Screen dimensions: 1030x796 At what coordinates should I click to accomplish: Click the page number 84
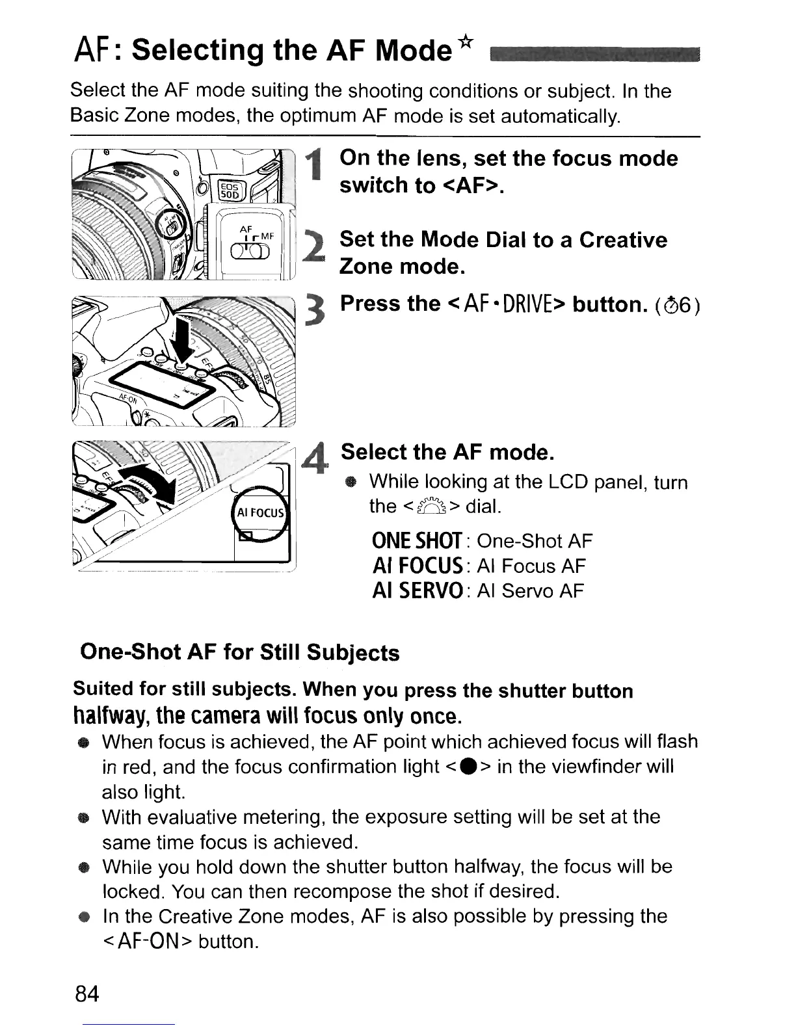[x=87, y=994]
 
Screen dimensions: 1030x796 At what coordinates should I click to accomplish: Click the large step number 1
[x=316, y=165]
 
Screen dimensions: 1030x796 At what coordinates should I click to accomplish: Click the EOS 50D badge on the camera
[x=229, y=190]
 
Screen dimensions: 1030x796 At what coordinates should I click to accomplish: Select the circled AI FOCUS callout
[x=259, y=512]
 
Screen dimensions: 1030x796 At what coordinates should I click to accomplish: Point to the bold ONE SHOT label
[x=416, y=541]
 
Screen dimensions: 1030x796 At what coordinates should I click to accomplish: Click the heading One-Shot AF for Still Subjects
[x=239, y=652]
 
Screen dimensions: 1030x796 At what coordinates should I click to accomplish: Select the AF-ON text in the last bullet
[x=145, y=941]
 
